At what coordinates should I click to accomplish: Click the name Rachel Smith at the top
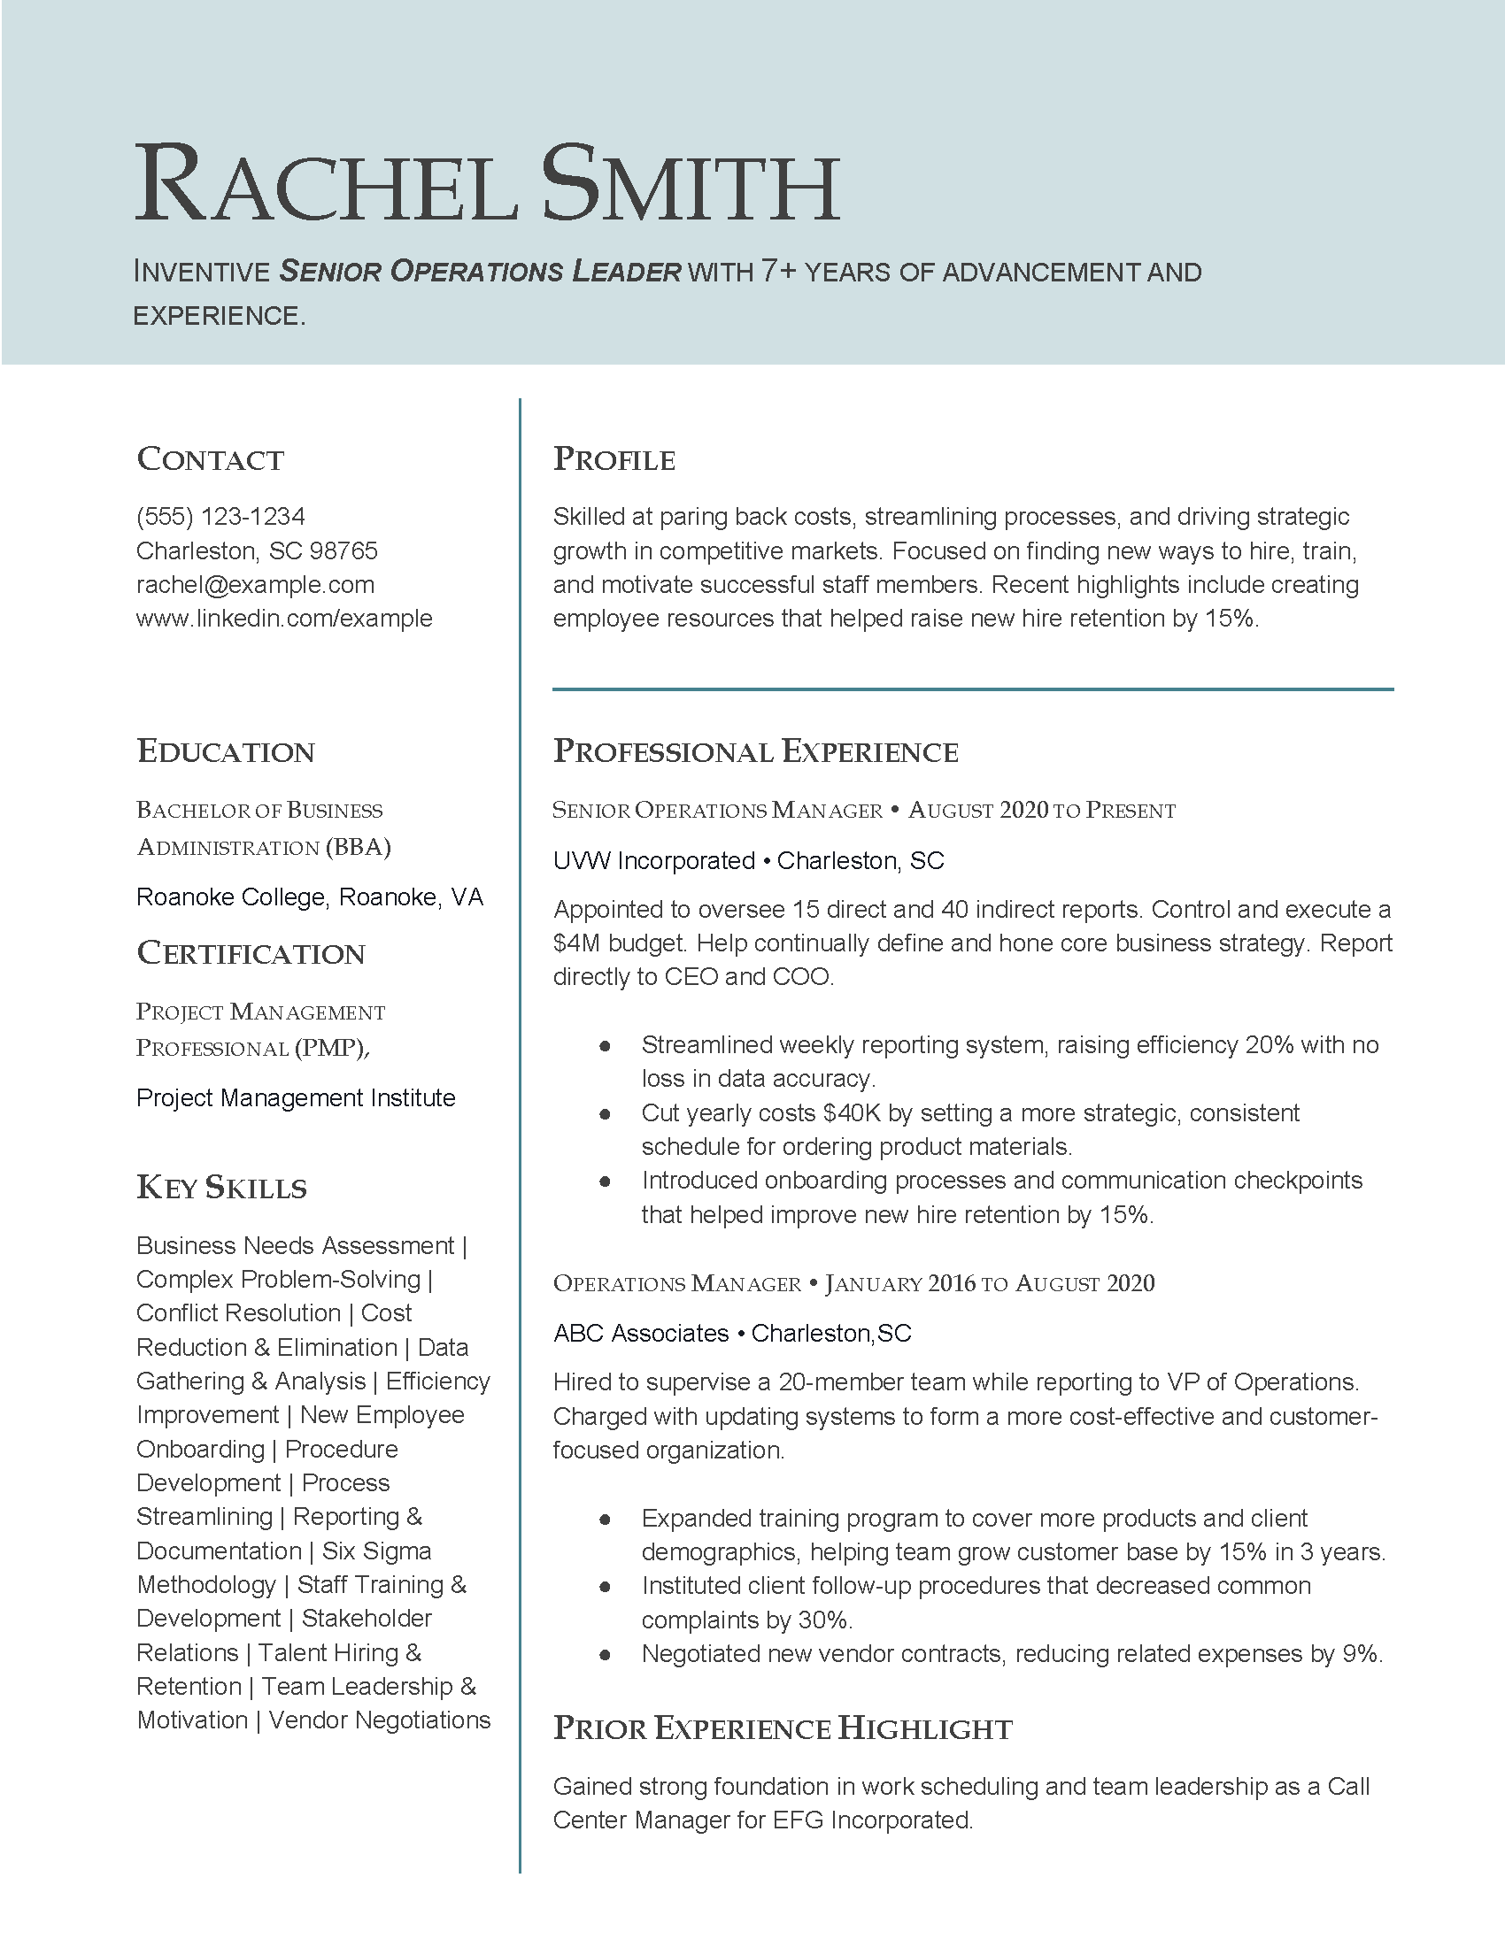(x=487, y=185)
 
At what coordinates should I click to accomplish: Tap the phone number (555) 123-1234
(x=220, y=516)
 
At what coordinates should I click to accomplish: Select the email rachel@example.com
(x=255, y=585)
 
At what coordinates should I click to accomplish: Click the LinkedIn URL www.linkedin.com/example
(x=284, y=619)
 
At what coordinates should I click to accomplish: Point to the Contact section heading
(x=211, y=459)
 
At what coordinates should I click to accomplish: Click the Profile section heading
(x=614, y=459)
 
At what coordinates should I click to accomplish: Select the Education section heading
(x=226, y=751)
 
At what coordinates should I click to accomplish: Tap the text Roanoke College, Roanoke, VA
(x=309, y=897)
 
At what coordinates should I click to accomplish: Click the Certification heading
(x=251, y=954)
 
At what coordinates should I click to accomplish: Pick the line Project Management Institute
(x=295, y=1098)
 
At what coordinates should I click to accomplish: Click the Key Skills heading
(x=222, y=1189)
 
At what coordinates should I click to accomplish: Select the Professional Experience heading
(x=755, y=751)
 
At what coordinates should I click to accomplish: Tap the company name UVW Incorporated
(x=653, y=861)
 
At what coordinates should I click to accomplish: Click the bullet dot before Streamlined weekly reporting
(x=606, y=1046)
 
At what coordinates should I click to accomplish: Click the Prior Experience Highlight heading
(x=783, y=1728)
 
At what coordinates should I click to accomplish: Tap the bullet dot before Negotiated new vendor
(x=606, y=1655)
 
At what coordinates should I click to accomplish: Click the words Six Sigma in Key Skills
(x=376, y=1551)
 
